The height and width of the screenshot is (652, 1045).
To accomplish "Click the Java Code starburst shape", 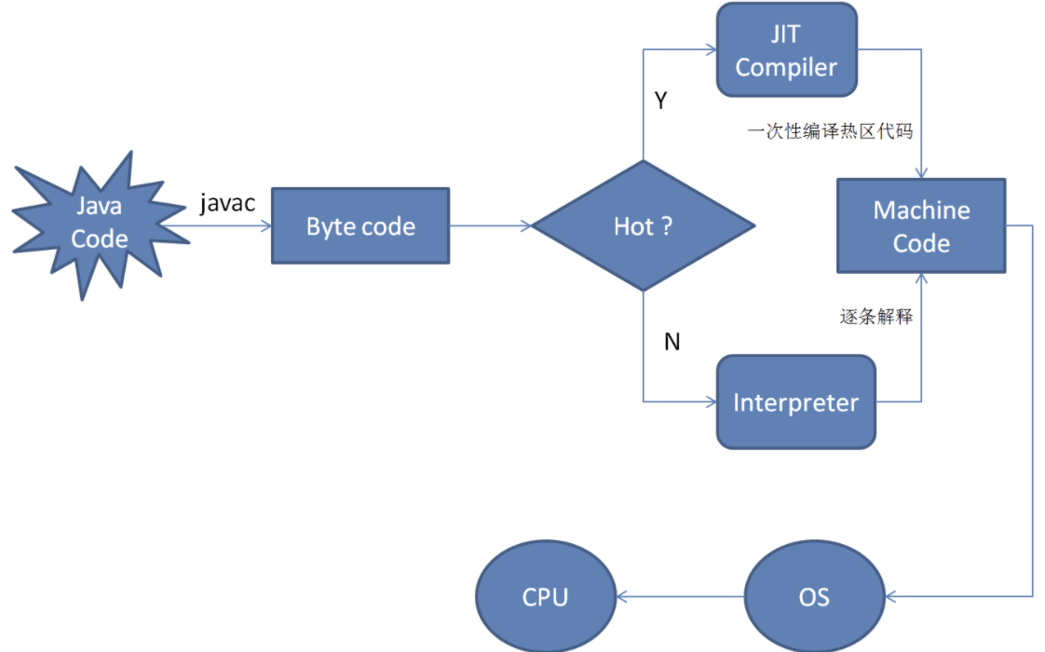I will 99,224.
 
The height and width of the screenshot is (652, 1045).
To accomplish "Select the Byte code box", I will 360,226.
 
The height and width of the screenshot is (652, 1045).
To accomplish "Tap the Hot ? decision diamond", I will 643,226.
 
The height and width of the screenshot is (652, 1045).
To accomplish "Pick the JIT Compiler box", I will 786,50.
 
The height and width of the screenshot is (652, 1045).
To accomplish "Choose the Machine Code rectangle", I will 920,226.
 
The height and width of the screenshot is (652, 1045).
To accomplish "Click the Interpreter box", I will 795,402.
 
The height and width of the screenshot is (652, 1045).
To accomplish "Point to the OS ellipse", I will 813,596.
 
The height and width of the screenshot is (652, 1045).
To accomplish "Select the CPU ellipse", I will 545,596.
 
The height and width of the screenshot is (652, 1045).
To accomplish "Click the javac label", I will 227,203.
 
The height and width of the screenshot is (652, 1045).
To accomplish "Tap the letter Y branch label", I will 660,101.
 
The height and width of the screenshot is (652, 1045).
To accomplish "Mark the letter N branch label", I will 672,342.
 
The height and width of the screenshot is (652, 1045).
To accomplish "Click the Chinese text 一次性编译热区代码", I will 830,131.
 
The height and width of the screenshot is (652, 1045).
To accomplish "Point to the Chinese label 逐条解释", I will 876,317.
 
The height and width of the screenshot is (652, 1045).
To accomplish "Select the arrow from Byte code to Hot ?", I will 490,225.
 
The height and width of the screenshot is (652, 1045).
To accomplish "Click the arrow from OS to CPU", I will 680,596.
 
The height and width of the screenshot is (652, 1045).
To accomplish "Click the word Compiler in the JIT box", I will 786,68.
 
